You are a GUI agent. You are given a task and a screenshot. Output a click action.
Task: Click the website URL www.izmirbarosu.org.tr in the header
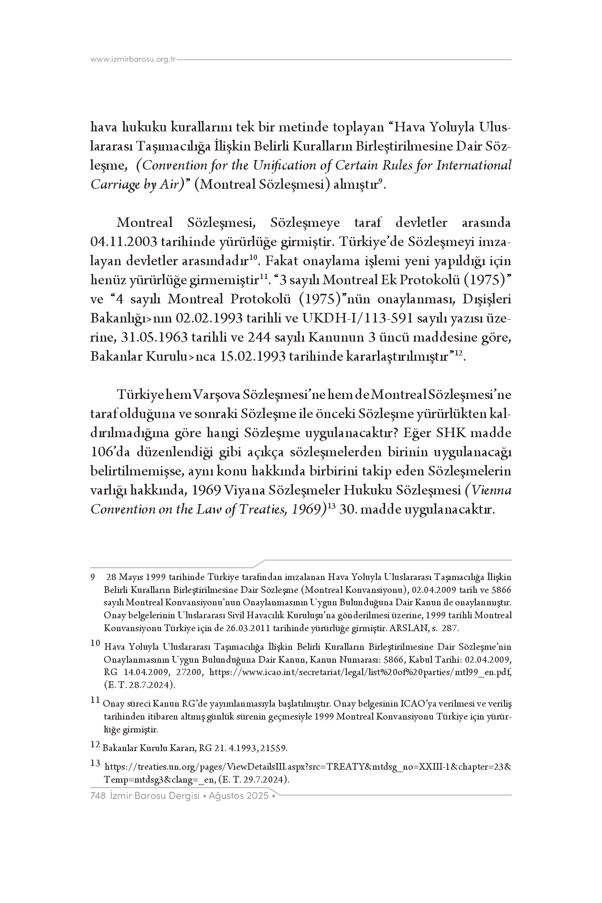click(133, 59)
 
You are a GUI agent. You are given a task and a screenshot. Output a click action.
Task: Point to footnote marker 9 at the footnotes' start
click(92, 577)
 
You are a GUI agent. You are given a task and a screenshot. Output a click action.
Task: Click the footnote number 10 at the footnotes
click(96, 644)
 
